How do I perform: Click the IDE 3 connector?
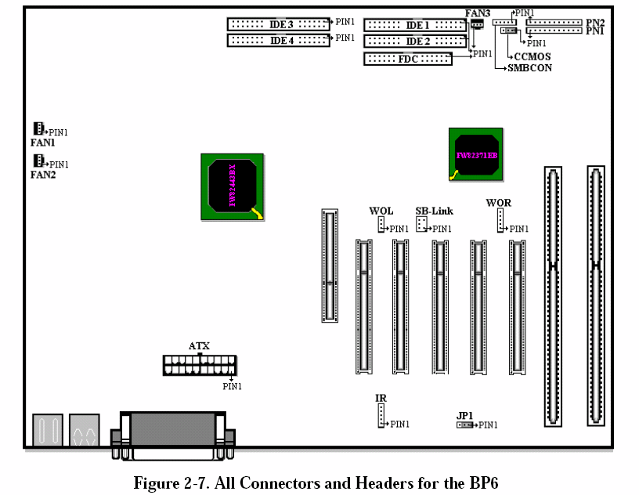click(x=279, y=24)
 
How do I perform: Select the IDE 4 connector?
click(x=279, y=40)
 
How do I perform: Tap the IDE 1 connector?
click(x=416, y=25)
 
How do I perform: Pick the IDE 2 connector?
click(x=416, y=41)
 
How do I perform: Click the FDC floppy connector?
click(x=408, y=59)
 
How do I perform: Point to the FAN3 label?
click(x=477, y=13)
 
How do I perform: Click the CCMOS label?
click(x=532, y=56)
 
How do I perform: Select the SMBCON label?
click(x=529, y=68)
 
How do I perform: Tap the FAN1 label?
click(x=42, y=143)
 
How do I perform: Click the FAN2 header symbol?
click(x=37, y=161)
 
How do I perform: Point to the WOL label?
click(x=381, y=211)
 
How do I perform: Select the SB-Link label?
click(x=434, y=211)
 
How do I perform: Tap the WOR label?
click(x=498, y=203)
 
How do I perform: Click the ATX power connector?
click(x=199, y=365)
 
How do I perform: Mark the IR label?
click(x=381, y=399)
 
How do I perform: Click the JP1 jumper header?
click(x=465, y=425)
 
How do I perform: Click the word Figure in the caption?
click(x=156, y=482)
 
